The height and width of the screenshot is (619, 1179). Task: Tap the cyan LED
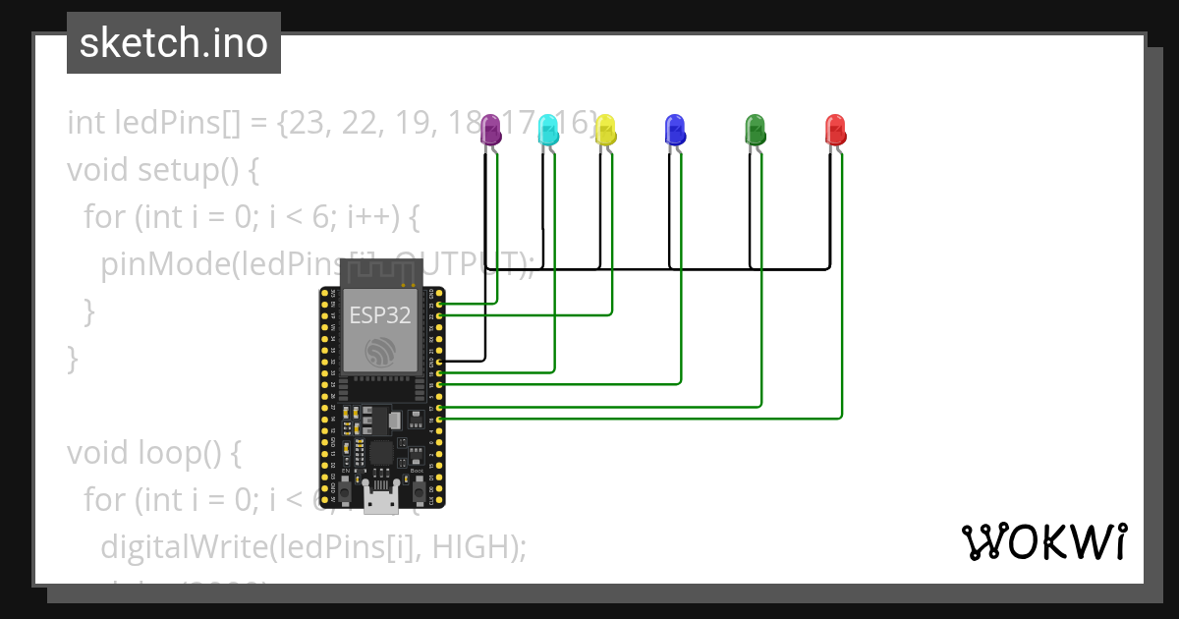(x=548, y=130)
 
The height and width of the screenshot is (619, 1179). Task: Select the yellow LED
(x=606, y=130)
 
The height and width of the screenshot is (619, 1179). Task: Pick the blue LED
(x=675, y=130)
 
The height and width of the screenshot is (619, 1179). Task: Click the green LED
(x=755, y=130)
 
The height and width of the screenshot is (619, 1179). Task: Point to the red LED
(x=835, y=130)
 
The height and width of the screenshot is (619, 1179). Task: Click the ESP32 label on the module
(x=380, y=315)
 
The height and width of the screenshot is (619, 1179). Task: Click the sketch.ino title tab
(x=174, y=43)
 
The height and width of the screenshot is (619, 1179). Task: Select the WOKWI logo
(x=1043, y=541)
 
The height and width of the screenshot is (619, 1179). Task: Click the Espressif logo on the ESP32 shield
(x=379, y=352)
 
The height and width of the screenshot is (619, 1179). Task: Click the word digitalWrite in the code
(x=184, y=546)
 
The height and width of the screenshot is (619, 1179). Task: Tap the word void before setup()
(x=96, y=170)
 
